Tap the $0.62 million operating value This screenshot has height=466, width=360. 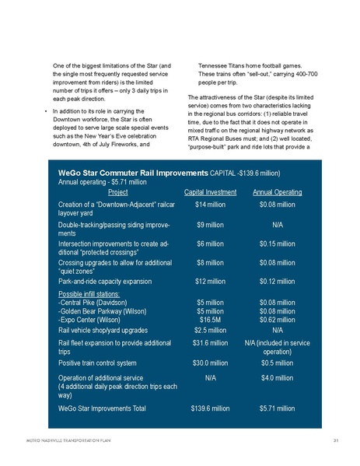point(280,318)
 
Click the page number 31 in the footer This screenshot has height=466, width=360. point(334,441)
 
